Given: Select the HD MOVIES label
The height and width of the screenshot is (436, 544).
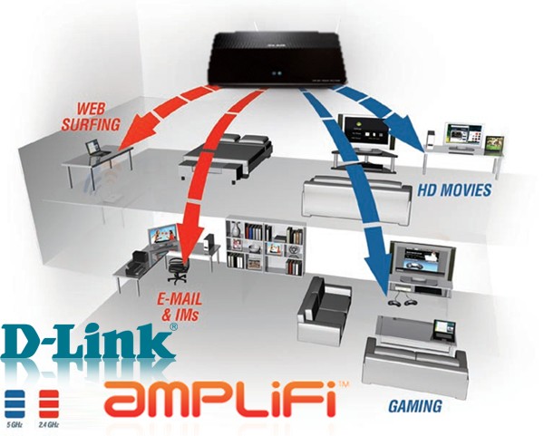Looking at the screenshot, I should pos(455,190).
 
